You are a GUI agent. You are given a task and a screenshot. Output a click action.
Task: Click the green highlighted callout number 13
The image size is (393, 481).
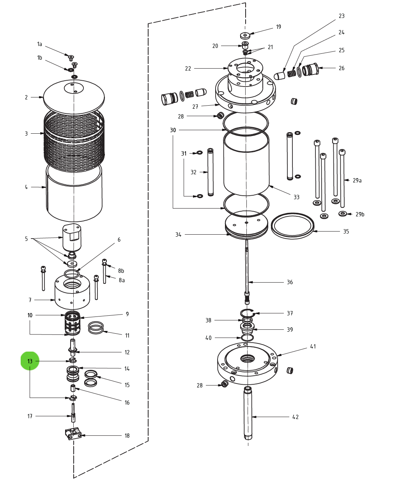tap(30, 361)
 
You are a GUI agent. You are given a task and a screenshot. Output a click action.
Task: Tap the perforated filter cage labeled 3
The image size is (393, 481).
tap(74, 140)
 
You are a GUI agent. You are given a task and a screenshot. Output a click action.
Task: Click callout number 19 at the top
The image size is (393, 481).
tap(278, 27)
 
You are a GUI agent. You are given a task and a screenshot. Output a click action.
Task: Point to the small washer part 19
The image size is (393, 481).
tap(245, 35)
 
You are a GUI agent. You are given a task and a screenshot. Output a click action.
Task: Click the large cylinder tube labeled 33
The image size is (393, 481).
tap(246, 164)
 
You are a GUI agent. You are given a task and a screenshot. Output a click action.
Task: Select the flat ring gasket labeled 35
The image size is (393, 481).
tap(292, 225)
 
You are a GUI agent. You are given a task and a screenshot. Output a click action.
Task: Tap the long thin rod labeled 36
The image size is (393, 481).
tap(247, 269)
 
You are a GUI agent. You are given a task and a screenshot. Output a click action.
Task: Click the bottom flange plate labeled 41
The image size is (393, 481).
tap(247, 364)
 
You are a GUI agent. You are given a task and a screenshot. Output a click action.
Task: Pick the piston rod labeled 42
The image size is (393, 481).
tap(248, 413)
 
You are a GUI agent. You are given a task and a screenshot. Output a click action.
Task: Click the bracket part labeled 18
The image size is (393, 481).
tap(73, 433)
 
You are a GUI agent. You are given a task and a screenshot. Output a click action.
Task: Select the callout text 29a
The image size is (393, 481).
tap(357, 180)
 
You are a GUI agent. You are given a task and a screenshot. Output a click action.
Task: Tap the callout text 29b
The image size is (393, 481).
tap(359, 214)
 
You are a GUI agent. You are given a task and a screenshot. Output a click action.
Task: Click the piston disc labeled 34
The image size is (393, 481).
tap(246, 226)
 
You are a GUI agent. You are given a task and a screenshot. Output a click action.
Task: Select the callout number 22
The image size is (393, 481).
tap(188, 68)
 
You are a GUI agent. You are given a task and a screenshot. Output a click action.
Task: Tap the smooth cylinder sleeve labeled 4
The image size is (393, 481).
tap(74, 195)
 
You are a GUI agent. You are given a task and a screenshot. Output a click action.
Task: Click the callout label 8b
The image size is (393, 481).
tap(121, 271)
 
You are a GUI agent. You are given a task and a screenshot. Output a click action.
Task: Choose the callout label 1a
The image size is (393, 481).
tap(39, 44)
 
